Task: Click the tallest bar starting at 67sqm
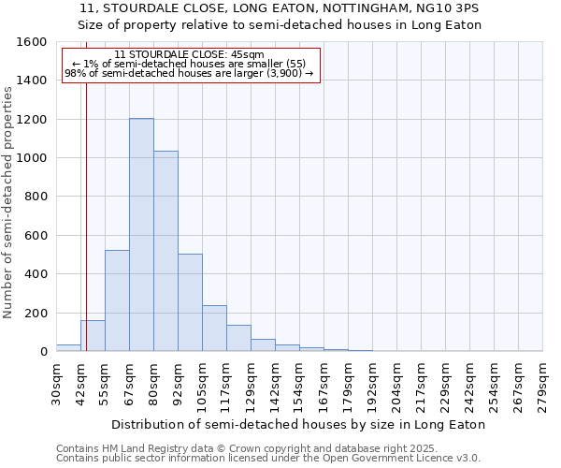141,235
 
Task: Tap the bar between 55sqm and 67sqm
117,300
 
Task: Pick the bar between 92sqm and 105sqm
190,302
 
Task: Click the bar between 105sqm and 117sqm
214,328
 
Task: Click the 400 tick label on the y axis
37,274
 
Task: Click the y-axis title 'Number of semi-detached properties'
9,201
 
